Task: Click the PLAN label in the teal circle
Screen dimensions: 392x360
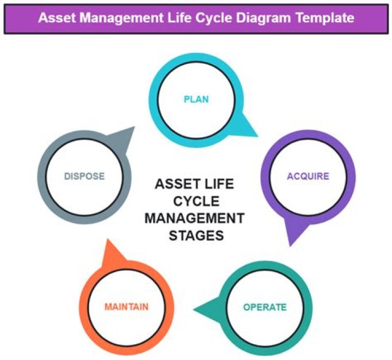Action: pyautogui.click(x=196, y=99)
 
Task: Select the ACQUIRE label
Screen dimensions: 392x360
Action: pyautogui.click(x=308, y=176)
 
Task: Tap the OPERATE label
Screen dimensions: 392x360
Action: pyautogui.click(x=265, y=307)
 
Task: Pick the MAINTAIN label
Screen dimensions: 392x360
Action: pyautogui.click(x=126, y=307)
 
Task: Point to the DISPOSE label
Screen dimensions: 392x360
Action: pyautogui.click(x=84, y=176)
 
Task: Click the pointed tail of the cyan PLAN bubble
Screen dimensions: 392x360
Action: pyautogui.click(x=258, y=137)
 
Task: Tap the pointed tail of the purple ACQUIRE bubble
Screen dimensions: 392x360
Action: pyautogui.click(x=290, y=246)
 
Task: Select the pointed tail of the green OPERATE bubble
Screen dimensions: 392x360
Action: pyautogui.click(x=193, y=310)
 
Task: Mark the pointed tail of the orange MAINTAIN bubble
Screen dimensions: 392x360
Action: pyautogui.click(x=107, y=239)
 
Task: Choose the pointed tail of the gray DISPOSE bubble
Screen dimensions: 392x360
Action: pyautogui.click(x=134, y=127)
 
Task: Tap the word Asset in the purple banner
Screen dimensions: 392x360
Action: pyautogui.click(x=57, y=18)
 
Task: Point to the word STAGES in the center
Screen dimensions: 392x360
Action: pyautogui.click(x=196, y=235)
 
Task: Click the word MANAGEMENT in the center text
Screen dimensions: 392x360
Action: pyautogui.click(x=194, y=218)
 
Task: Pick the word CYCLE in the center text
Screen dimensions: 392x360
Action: pyautogui.click(x=196, y=201)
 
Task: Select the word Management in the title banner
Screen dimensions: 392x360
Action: pyautogui.click(x=121, y=19)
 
